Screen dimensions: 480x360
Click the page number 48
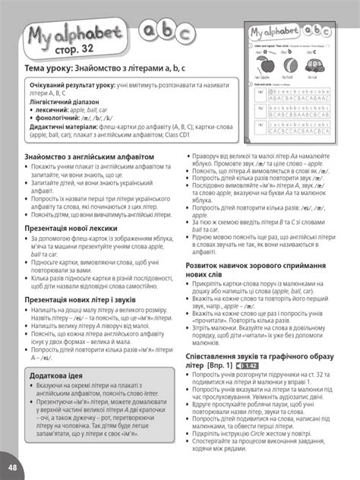10,465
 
